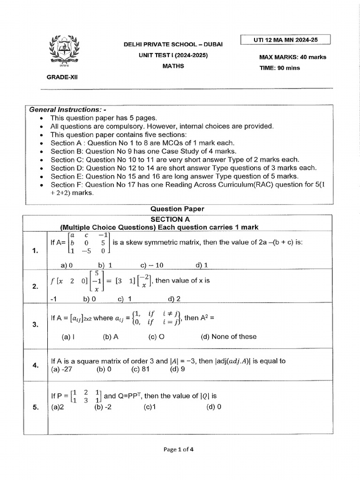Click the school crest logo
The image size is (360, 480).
61,50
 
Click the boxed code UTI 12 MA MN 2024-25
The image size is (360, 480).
285,40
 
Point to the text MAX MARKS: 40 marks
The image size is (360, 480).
292,57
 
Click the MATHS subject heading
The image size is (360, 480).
173,66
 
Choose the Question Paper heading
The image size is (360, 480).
177,209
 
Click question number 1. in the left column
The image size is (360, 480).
35,251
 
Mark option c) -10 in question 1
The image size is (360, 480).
152,265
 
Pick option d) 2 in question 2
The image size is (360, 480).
174,299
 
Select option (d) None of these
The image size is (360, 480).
229,337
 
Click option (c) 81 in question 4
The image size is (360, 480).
142,369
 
